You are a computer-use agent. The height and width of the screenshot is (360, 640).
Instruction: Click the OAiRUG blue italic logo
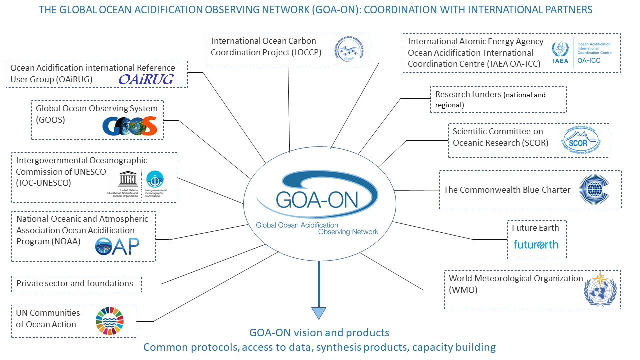pyautogui.click(x=146, y=79)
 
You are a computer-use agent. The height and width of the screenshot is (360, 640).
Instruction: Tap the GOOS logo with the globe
pyautogui.click(x=130, y=126)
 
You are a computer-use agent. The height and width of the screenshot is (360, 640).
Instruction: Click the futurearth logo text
pyautogui.click(x=536, y=245)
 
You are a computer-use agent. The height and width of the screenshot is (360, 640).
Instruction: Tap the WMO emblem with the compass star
pyautogui.click(x=600, y=289)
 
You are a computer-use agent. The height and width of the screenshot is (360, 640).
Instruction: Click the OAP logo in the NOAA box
pyautogui.click(x=117, y=246)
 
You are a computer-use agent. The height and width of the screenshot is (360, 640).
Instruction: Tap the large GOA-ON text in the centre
pyautogui.click(x=317, y=199)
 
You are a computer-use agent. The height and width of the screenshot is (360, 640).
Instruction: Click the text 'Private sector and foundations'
pyautogui.click(x=75, y=283)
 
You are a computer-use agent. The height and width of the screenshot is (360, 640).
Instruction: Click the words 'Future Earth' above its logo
pyautogui.click(x=535, y=228)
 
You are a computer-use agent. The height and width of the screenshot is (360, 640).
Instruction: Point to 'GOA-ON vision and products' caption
pyautogui.click(x=319, y=333)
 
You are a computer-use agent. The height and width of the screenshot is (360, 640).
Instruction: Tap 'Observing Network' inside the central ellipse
pyautogui.click(x=348, y=232)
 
